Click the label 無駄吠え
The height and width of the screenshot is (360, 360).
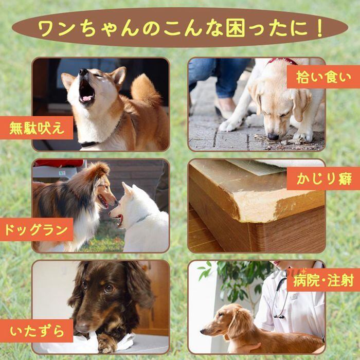tap(37, 128)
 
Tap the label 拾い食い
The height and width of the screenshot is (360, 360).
tap(323, 77)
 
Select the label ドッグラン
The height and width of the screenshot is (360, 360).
tap(37, 229)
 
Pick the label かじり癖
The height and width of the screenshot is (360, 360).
tap(323, 178)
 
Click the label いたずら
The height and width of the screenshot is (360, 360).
tap(37, 331)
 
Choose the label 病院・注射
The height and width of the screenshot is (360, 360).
tap(323, 280)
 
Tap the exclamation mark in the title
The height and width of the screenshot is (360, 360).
tap(319, 28)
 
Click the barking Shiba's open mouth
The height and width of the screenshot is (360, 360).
tap(86, 92)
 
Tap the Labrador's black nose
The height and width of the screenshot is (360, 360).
tap(273, 136)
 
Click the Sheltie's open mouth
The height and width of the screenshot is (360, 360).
tap(103, 201)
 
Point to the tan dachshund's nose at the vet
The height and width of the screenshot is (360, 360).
tap(203, 331)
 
